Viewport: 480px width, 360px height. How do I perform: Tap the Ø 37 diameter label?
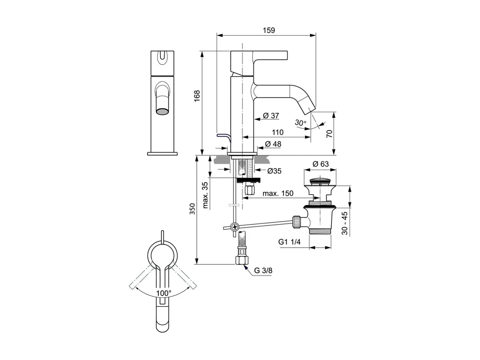pyautogui.click(x=271, y=115)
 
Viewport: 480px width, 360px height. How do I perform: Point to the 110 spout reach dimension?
pyautogui.click(x=277, y=132)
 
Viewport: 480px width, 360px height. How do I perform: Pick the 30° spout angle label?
pyautogui.click(x=300, y=123)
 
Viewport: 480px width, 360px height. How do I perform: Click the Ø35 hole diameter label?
pyautogui.click(x=274, y=171)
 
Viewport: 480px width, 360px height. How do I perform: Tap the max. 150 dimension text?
pyautogui.click(x=278, y=194)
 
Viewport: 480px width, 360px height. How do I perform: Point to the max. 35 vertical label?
pyautogui.click(x=205, y=195)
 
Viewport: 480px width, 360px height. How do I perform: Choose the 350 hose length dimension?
pyautogui.click(x=192, y=209)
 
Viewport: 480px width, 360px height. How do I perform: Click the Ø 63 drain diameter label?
pyautogui.click(x=321, y=164)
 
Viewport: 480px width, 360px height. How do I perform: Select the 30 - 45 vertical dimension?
pyautogui.click(x=345, y=223)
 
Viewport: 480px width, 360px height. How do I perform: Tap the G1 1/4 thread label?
pyautogui.click(x=289, y=242)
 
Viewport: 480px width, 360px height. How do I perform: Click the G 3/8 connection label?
pyautogui.click(x=263, y=271)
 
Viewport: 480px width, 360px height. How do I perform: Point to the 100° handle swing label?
pyautogui.click(x=164, y=293)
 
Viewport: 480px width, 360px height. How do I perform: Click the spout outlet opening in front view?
pyautogui.click(x=162, y=111)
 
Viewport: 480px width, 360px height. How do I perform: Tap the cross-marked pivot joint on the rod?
pyautogui.click(x=235, y=226)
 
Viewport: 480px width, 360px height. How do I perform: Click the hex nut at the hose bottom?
pyautogui.click(x=242, y=261)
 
